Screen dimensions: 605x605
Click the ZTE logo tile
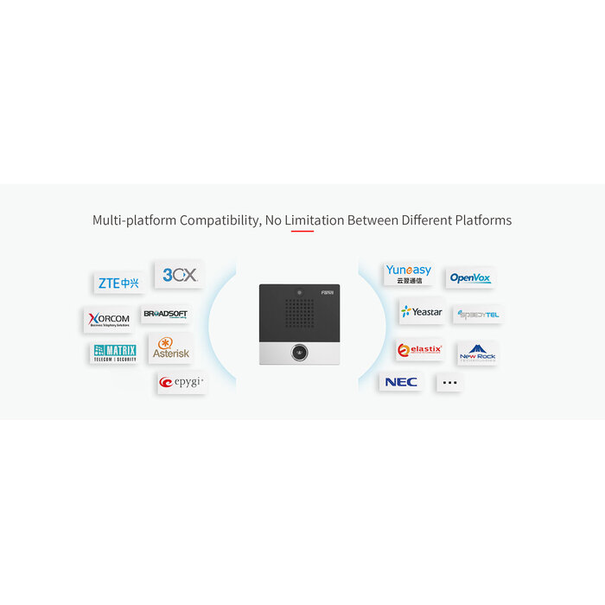(x=118, y=283)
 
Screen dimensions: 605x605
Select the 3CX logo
(x=180, y=275)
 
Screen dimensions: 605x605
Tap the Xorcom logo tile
(x=109, y=320)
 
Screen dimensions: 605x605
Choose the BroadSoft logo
(x=164, y=314)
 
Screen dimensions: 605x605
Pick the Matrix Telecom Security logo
(x=114, y=353)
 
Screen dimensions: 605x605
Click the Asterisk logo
(x=170, y=348)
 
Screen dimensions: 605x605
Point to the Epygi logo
(x=181, y=382)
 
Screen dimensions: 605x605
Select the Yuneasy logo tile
(x=408, y=274)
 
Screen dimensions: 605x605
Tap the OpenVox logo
(x=470, y=277)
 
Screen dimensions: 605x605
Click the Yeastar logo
(x=421, y=311)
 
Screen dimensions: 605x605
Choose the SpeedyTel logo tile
(x=478, y=315)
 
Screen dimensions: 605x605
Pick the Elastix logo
(x=419, y=350)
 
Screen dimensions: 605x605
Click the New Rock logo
(x=476, y=353)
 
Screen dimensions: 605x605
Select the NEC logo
(x=400, y=382)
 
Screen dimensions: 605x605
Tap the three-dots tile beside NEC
(x=449, y=382)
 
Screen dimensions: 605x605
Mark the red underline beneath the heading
(x=302, y=231)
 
